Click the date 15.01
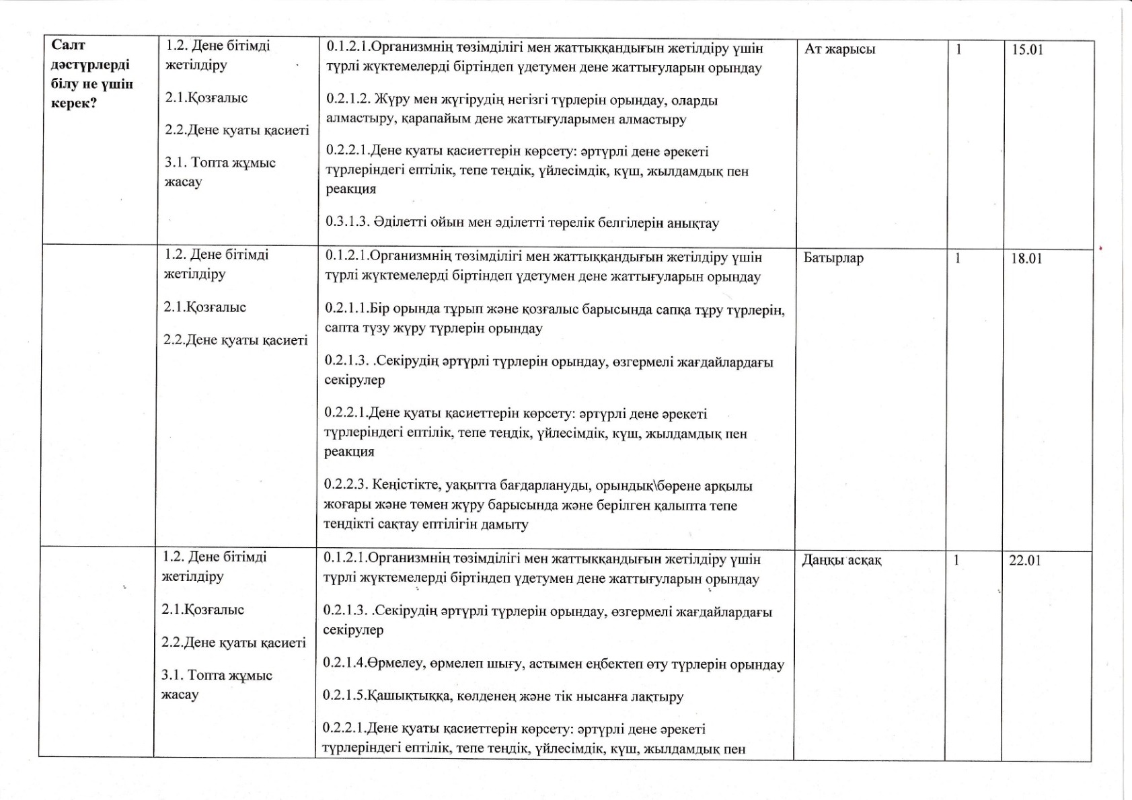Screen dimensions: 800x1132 [1027, 50]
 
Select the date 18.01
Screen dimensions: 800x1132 [1026, 259]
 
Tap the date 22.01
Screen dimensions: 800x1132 [1024, 561]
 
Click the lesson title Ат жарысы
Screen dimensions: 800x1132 [839, 49]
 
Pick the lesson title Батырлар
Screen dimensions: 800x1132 [833, 259]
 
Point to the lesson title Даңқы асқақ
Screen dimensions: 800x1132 [841, 561]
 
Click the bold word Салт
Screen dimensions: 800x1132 [68, 46]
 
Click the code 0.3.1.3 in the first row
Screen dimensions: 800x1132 [348, 223]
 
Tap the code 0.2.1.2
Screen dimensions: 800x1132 [348, 100]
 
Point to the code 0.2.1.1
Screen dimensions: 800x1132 [346, 309]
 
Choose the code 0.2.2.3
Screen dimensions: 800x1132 [346, 485]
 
